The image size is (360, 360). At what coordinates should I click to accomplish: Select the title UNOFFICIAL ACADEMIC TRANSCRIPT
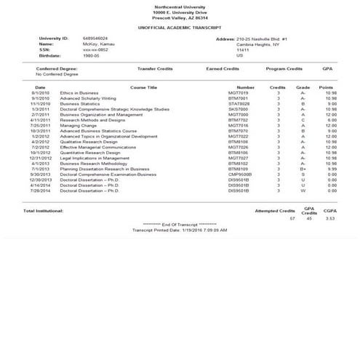coord(180,26)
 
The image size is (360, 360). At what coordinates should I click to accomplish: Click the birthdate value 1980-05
coord(92,55)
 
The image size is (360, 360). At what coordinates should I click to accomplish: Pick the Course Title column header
coord(143,87)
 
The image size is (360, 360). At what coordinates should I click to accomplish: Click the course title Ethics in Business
coord(80,92)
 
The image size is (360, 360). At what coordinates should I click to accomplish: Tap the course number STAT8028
coord(239,103)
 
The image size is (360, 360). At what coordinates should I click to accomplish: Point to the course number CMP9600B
coord(239,174)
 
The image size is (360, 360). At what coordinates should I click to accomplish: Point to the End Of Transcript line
coord(180,224)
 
